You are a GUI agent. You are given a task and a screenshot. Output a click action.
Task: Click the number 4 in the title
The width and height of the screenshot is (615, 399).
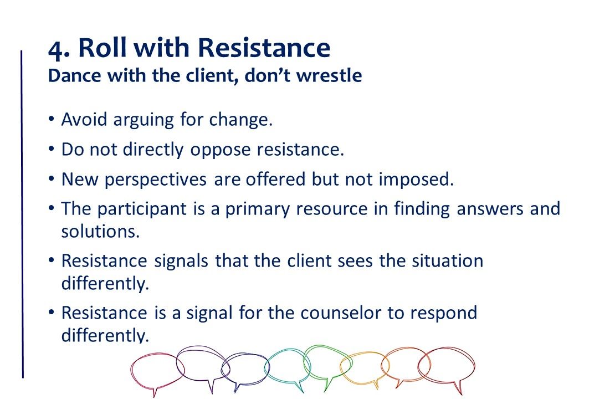pyautogui.click(x=56, y=49)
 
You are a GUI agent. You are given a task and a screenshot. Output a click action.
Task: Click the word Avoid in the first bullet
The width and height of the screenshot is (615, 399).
pyautogui.click(x=84, y=119)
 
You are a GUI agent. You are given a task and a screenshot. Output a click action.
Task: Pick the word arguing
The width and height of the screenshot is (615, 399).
pyautogui.click(x=143, y=120)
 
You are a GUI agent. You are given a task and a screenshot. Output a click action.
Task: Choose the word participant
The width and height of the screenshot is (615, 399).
pyautogui.click(x=142, y=209)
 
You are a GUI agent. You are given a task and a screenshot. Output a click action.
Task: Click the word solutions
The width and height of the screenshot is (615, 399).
pyautogui.click(x=100, y=231)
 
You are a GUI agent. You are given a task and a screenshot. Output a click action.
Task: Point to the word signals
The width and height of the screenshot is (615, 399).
pyautogui.click(x=181, y=262)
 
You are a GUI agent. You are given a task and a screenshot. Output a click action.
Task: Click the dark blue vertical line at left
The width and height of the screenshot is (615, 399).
pyautogui.click(x=22, y=214)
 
